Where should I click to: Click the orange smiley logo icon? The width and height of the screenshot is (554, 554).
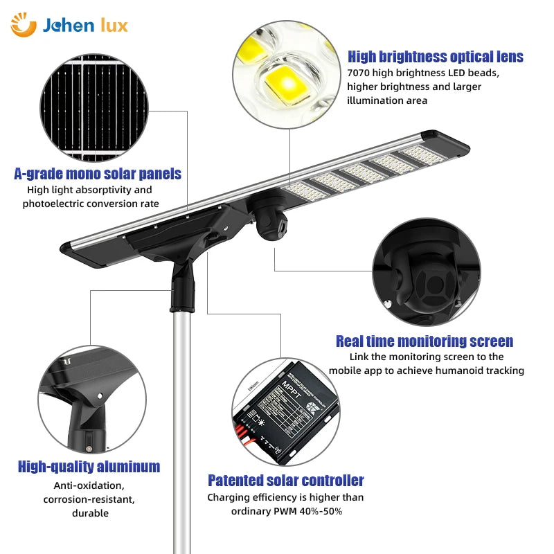coord(23,25)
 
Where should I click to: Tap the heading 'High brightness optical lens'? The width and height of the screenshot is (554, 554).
coord(436,57)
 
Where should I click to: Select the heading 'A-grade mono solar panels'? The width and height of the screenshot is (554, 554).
coord(98,173)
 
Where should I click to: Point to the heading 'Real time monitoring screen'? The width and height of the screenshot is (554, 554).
coord(425,341)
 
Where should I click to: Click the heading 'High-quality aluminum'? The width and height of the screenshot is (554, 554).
coord(89,466)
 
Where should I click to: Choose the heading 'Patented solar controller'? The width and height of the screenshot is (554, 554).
coord(286,480)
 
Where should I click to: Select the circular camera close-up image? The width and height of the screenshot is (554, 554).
coord(426,271)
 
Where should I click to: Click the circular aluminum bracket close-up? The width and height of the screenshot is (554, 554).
coord(91,401)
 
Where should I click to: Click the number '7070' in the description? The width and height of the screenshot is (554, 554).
coord(359,73)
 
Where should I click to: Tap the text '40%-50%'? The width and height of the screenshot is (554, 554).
coord(322,511)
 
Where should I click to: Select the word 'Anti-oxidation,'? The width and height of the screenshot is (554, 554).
coord(89,485)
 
